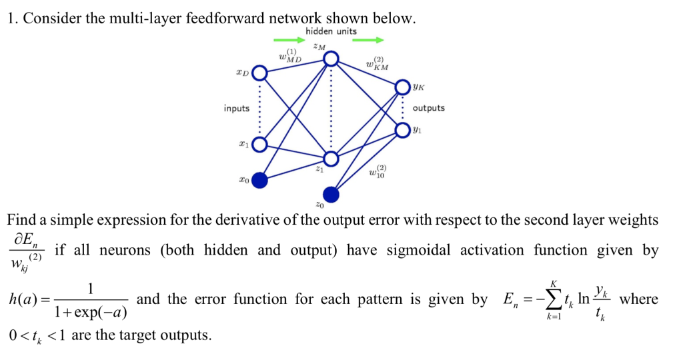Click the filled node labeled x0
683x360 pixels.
pos(259,179)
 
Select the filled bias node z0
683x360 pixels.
pos(331,194)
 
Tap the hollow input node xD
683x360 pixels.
pos(259,73)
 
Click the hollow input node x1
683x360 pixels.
pos(259,144)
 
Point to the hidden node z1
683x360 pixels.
pos(331,159)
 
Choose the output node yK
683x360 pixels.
pos(402,87)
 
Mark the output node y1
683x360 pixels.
pos(402,129)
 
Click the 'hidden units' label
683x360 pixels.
pos(331,31)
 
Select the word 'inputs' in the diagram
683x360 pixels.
pos(237,108)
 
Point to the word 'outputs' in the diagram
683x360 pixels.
pos(428,108)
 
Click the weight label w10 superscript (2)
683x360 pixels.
pos(378,171)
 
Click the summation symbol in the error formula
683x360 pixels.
pos(550,300)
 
